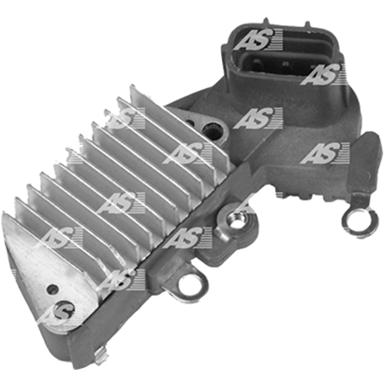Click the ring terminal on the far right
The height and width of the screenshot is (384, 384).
(x=349, y=222)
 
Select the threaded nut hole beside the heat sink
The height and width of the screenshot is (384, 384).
(x=237, y=222)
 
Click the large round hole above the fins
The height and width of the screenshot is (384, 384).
(x=210, y=129)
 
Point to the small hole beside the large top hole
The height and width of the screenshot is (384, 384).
(x=190, y=122)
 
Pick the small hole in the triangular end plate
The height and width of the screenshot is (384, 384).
(x=52, y=289)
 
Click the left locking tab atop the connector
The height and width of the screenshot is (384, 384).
(x=266, y=22)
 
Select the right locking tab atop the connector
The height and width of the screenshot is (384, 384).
(x=307, y=25)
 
